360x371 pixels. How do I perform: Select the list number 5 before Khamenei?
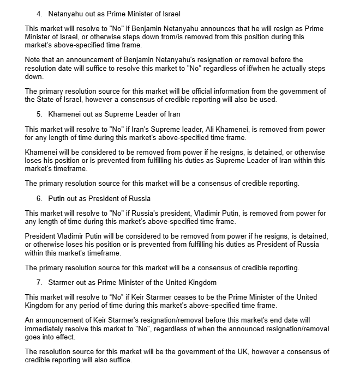coord(39,114)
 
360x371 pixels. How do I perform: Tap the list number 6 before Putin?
coord(39,198)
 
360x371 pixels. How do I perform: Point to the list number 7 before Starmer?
coord(39,282)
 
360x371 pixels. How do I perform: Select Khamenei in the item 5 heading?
coord(67,114)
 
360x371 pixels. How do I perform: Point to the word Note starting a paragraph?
coord(34,59)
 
